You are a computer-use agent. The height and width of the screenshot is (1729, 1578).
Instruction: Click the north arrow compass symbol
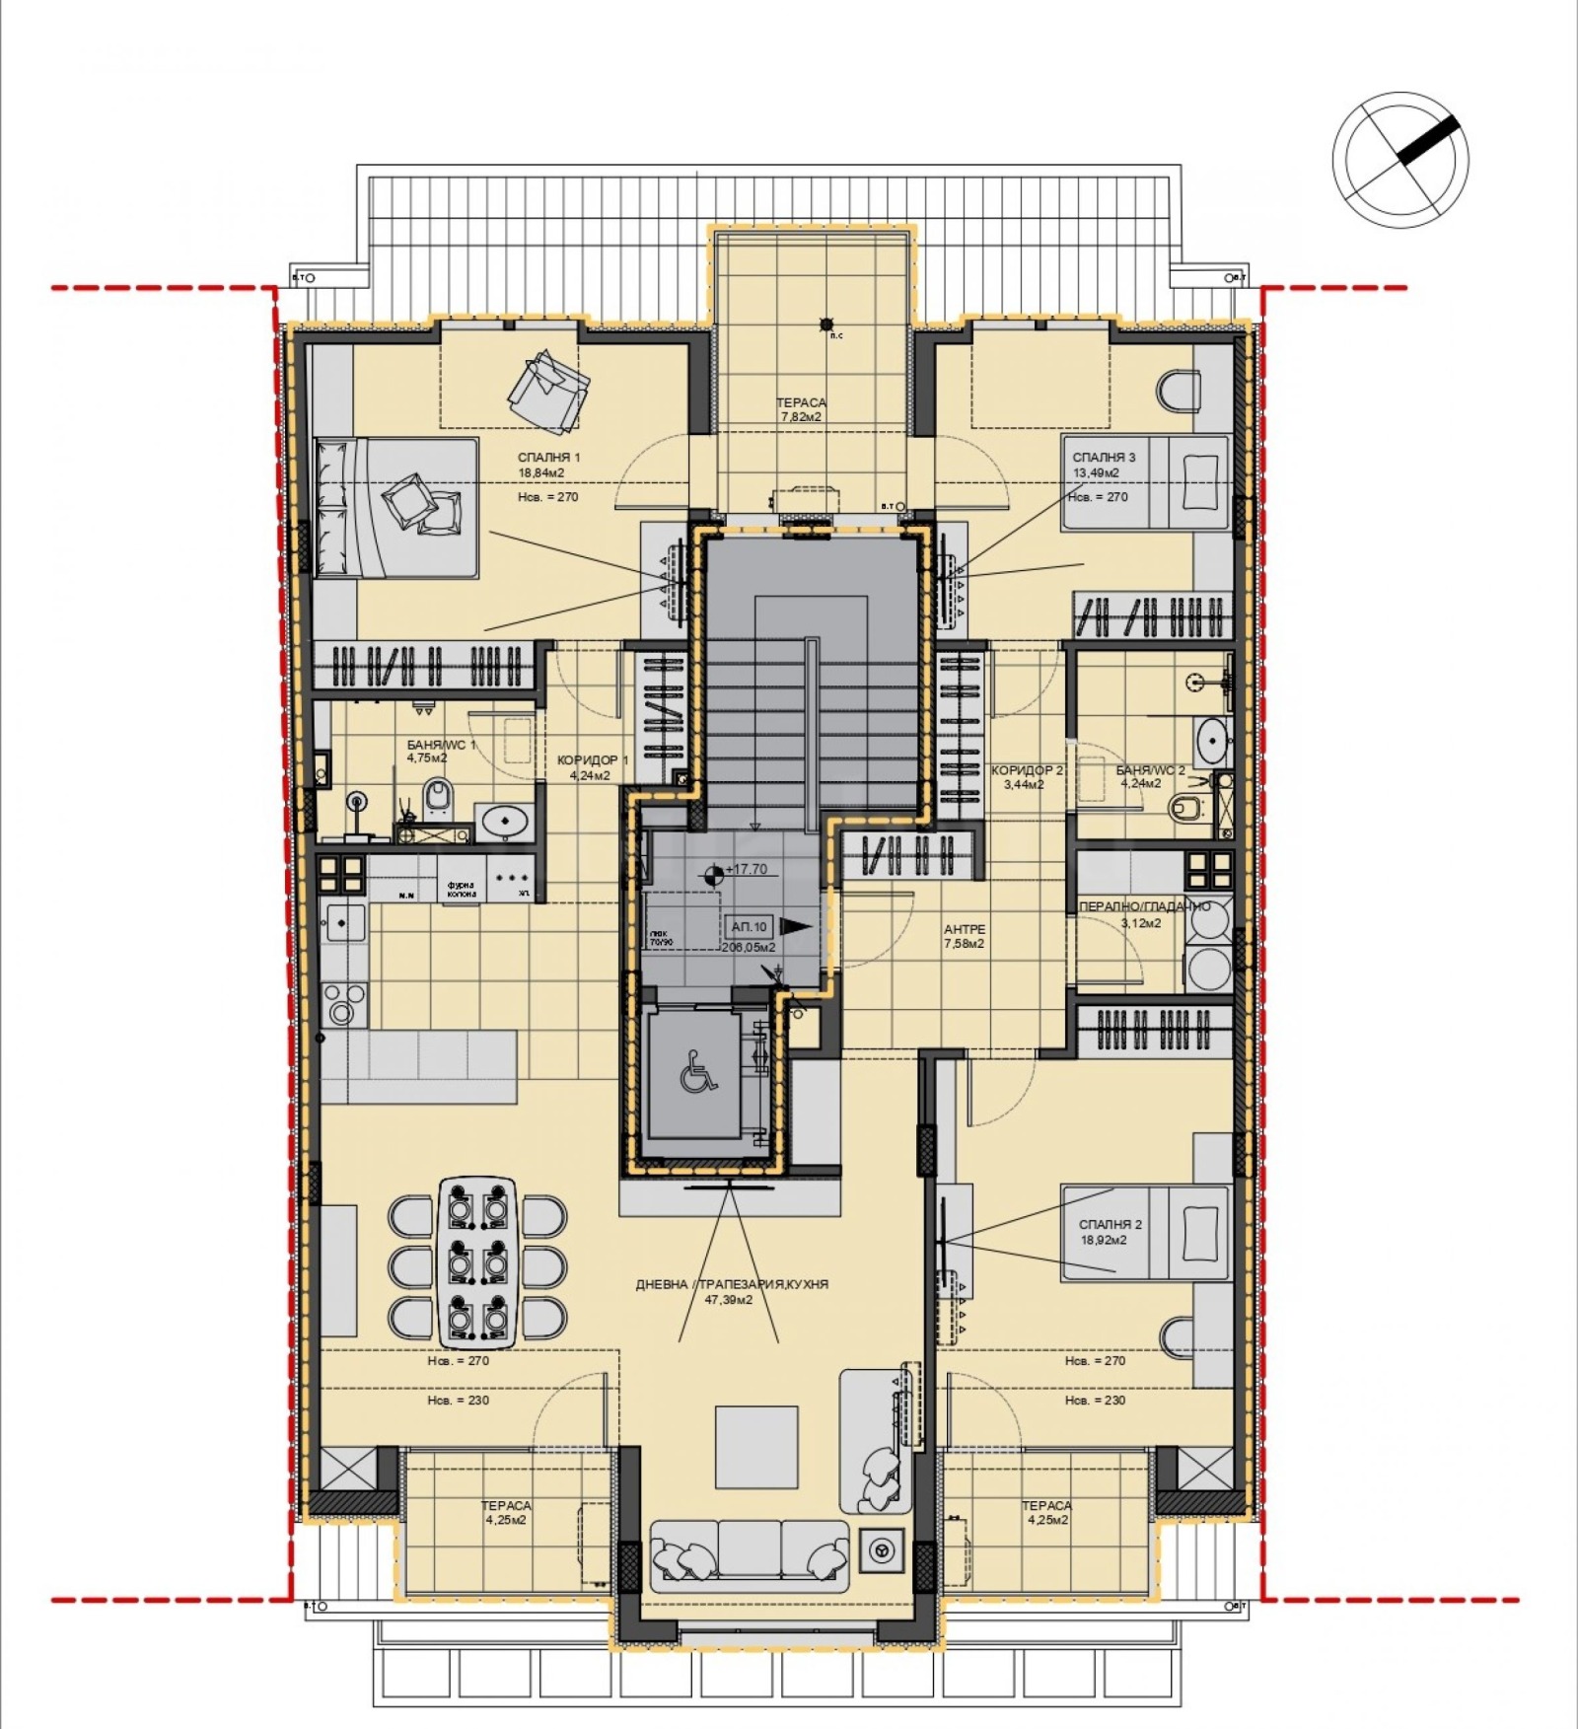(x=1400, y=159)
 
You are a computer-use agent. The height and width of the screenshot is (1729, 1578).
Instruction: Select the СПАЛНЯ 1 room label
(x=548, y=458)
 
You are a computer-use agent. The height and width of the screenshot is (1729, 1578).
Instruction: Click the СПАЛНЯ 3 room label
(x=1104, y=458)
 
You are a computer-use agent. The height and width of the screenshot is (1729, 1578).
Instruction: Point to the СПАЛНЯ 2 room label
(x=1110, y=1224)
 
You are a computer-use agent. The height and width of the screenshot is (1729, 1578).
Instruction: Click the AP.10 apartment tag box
(x=749, y=926)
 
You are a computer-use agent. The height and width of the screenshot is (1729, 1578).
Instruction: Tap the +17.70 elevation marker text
(x=746, y=869)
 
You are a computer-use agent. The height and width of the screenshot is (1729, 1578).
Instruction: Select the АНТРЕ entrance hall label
(x=964, y=929)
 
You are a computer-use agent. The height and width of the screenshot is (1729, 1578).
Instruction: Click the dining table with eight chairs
(x=477, y=1261)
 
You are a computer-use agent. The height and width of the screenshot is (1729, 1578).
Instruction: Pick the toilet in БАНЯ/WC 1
(x=438, y=798)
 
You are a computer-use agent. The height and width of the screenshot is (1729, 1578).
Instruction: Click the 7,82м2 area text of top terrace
(x=801, y=417)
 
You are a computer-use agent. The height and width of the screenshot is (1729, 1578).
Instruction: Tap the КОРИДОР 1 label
(x=592, y=760)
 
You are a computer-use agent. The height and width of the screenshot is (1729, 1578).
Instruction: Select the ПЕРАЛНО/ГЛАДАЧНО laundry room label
(x=1144, y=906)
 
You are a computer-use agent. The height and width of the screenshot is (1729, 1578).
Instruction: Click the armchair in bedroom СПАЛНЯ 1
(x=547, y=391)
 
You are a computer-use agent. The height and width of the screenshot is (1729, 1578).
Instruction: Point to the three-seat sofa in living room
(x=749, y=1554)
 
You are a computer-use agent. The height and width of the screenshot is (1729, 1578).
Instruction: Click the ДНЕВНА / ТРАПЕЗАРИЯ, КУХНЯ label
(x=732, y=1284)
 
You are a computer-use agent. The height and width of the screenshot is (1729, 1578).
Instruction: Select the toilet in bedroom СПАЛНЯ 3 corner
(x=1179, y=392)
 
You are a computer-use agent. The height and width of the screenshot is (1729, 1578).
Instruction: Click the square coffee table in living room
(x=755, y=1447)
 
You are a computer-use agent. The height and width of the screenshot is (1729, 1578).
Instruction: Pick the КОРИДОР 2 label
(x=1027, y=770)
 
